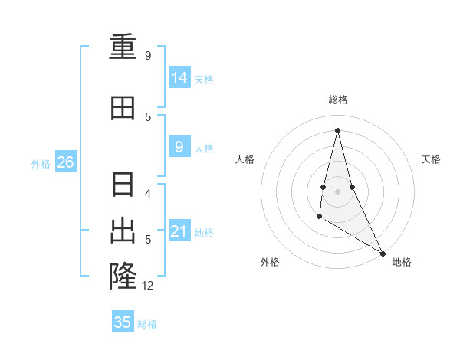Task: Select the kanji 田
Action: pyautogui.click(x=123, y=108)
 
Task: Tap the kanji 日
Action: pyautogui.click(x=123, y=186)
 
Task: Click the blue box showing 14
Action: pyautogui.click(x=179, y=78)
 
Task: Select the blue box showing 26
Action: pyautogui.click(x=65, y=162)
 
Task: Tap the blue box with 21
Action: pyautogui.click(x=179, y=231)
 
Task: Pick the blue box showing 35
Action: pyautogui.click(x=123, y=322)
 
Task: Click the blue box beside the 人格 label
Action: pyautogui.click(x=179, y=147)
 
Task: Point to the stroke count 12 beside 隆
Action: pyautogui.click(x=148, y=286)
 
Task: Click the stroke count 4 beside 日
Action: pyautogui.click(x=149, y=194)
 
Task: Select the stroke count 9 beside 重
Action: pyautogui.click(x=148, y=56)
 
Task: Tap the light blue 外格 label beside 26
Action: pyautogui.click(x=41, y=163)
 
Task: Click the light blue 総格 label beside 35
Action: pyautogui.click(x=147, y=324)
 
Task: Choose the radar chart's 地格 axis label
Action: pyautogui.click(x=402, y=262)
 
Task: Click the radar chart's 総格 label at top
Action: pyautogui.click(x=337, y=100)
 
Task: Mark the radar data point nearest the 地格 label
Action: pyautogui.click(x=383, y=254)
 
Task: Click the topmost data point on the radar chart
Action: pyautogui.click(x=337, y=130)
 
